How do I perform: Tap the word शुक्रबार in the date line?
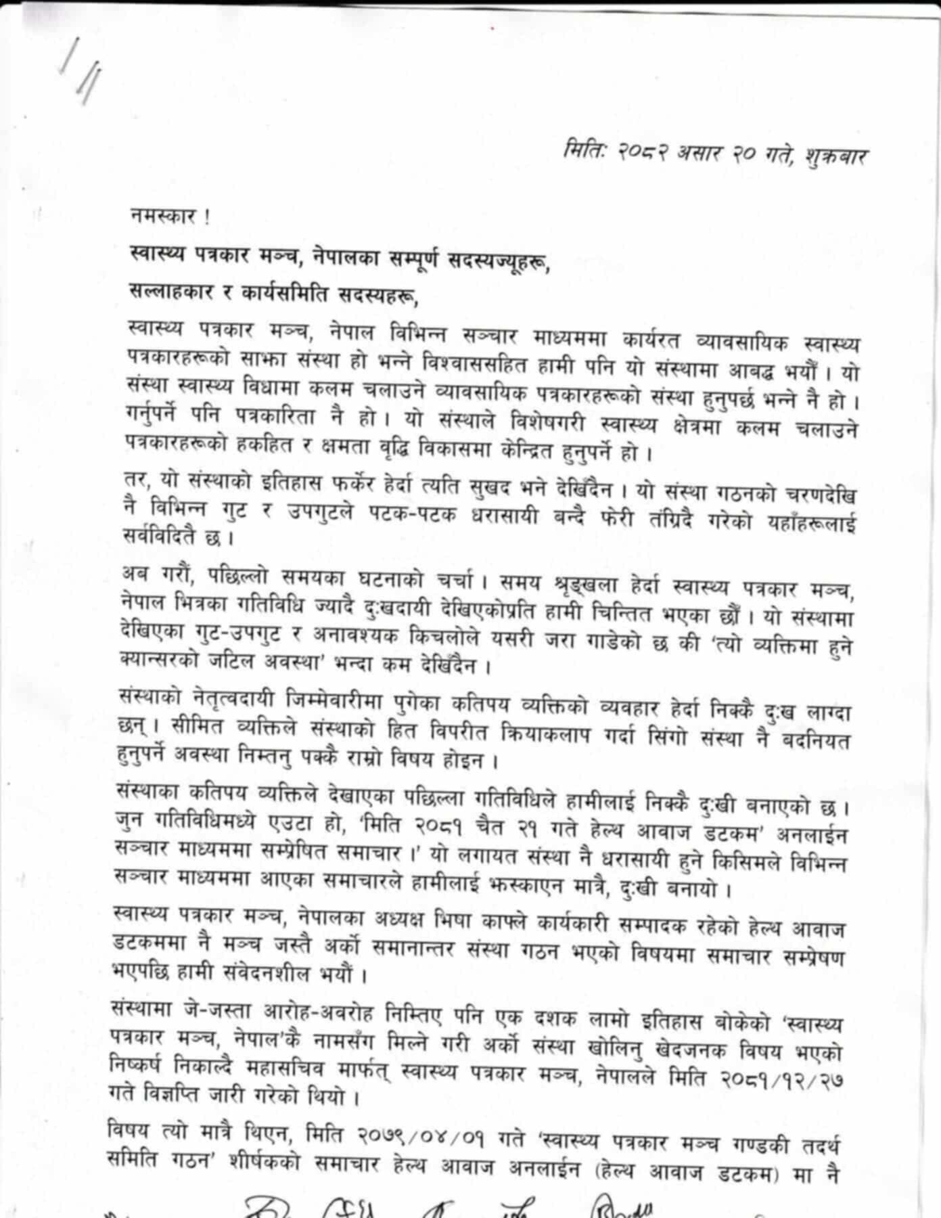pos(835,156)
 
